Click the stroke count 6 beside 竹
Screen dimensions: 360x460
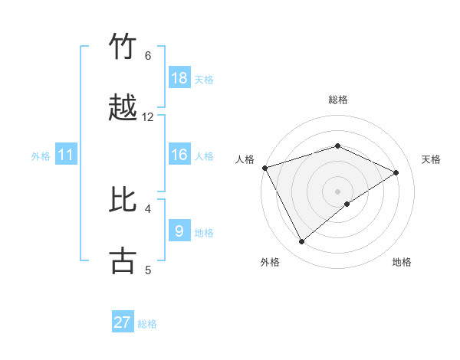[x=148, y=55]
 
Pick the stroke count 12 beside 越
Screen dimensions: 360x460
[x=148, y=116]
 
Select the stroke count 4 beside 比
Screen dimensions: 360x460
[x=148, y=208]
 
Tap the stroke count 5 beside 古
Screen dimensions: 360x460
[x=148, y=269]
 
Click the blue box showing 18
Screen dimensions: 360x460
[x=179, y=78]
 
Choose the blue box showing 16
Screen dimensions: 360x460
[x=179, y=155]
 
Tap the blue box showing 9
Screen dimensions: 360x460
[x=179, y=231]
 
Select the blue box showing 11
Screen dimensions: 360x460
[x=66, y=155]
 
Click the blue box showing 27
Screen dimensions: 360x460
[x=123, y=322]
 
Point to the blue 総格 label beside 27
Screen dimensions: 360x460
[x=147, y=324]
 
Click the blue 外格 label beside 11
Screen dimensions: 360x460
[x=41, y=156]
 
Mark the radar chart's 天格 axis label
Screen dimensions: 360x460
[x=431, y=159]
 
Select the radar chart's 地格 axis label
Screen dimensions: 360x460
[x=402, y=262]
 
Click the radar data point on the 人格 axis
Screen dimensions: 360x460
[x=264, y=168]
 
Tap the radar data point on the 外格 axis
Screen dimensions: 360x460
[x=301, y=242]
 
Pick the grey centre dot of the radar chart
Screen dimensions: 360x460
[x=337, y=191]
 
